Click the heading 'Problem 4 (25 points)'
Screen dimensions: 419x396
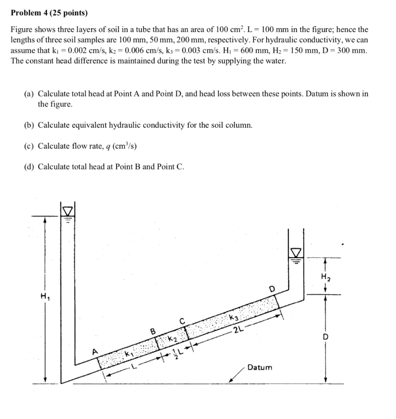tap(49, 13)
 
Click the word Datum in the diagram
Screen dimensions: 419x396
tap(260, 367)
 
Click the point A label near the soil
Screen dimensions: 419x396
tap(95, 351)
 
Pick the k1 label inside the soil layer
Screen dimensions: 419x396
tap(129, 353)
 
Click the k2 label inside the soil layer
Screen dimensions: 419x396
tap(173, 338)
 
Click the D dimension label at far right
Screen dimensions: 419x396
tap(326, 338)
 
